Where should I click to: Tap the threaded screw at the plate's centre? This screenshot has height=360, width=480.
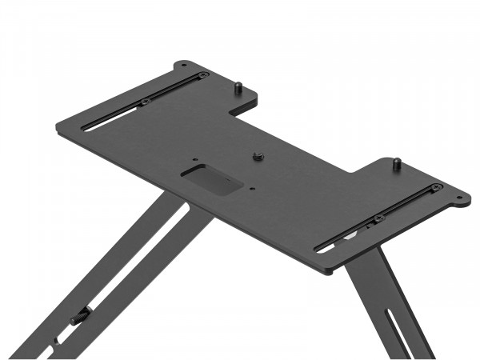coord(258,155)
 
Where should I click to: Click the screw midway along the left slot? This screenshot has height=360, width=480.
coord(146,102)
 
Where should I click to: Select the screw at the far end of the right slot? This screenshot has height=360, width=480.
coord(435,188)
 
